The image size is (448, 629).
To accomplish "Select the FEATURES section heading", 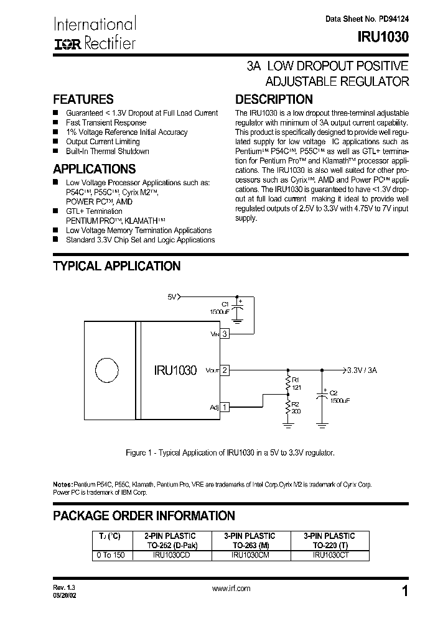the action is tap(83, 99).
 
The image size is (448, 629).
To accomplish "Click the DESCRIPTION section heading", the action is tap(273, 99).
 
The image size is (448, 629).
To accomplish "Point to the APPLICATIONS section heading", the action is tap(94, 169).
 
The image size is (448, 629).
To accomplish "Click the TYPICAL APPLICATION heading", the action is tap(116, 266).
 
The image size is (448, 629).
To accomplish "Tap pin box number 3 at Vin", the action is tap(225, 334).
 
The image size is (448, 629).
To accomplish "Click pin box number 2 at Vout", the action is tap(225, 370).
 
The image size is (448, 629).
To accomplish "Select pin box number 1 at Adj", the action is tap(225, 407).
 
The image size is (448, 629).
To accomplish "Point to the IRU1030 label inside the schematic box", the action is tap(175, 370).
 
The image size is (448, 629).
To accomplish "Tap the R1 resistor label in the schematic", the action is tap(296, 380).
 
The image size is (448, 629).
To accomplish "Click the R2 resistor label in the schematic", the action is tap(296, 405).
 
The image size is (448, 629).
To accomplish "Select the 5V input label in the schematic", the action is tap(172, 297).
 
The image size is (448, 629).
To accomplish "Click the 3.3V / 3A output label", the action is tap(362, 370).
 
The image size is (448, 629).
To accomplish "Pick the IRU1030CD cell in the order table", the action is tap(170, 555).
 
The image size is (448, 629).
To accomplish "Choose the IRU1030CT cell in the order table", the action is tap(329, 555).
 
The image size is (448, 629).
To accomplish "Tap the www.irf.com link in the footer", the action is tap(231, 588).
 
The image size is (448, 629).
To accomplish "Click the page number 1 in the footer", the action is tap(405, 592).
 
